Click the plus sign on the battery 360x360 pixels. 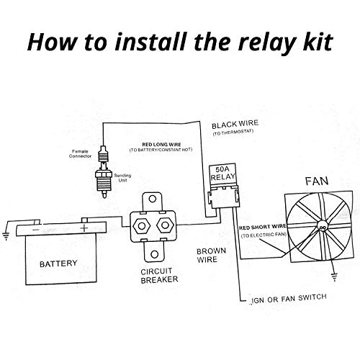pos(84,228)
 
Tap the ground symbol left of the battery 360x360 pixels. pos(6,233)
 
